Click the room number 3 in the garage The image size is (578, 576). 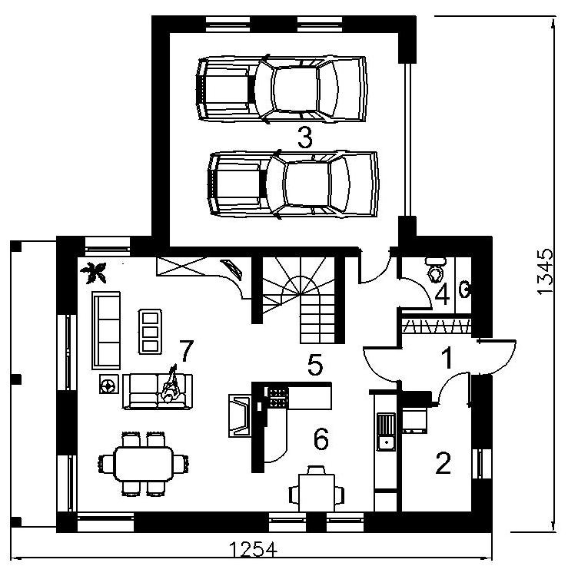(x=305, y=137)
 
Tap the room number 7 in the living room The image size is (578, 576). (x=186, y=351)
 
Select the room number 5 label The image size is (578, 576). (x=315, y=365)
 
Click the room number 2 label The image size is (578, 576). (x=443, y=463)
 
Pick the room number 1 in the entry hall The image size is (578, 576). (x=447, y=358)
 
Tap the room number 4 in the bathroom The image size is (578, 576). (x=443, y=295)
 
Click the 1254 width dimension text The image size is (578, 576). (x=253, y=550)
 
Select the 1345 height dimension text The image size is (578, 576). (x=545, y=271)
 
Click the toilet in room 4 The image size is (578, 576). (x=436, y=270)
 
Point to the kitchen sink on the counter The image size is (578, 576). (x=386, y=432)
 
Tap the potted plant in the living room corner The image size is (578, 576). (x=94, y=272)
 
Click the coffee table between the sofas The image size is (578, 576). (x=150, y=332)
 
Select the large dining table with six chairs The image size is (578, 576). (x=144, y=464)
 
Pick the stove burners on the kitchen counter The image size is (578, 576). (x=278, y=397)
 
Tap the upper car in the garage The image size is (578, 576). (x=282, y=89)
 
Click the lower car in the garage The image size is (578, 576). (x=294, y=184)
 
